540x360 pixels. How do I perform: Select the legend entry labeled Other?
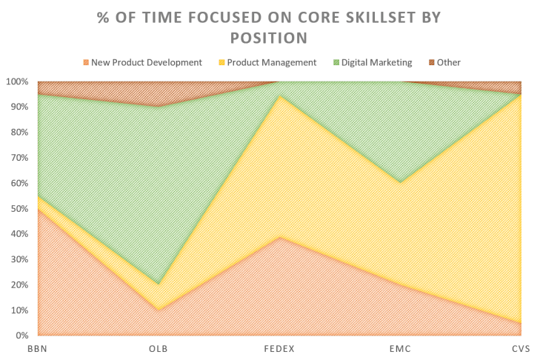(x=447, y=63)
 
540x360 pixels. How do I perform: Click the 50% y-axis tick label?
(x=18, y=208)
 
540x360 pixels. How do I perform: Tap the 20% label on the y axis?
(x=18, y=284)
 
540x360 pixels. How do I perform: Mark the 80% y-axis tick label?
(x=18, y=132)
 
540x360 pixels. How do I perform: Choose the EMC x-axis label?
(x=400, y=347)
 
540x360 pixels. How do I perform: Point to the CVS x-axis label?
(x=521, y=347)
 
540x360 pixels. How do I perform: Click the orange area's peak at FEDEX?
(x=279, y=237)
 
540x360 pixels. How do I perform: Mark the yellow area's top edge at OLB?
(x=158, y=284)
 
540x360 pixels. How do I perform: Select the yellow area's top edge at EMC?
(x=400, y=182)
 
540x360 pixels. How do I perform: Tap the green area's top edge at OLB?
(x=158, y=106)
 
